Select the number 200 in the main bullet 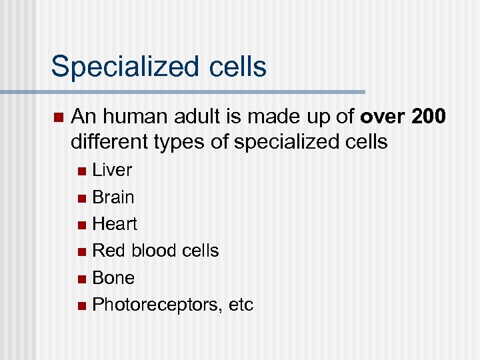click(431, 118)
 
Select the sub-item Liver click(112, 170)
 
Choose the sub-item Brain click(113, 197)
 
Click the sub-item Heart click(115, 224)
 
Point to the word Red click(107, 251)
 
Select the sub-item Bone click(113, 278)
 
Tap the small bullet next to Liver click(81, 171)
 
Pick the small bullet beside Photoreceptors click(81, 306)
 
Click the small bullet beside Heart click(81, 225)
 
